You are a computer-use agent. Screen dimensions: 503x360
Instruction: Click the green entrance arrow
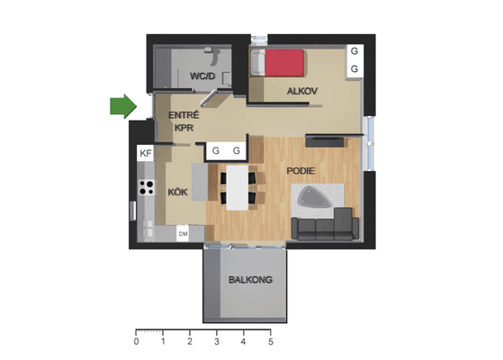point(123,106)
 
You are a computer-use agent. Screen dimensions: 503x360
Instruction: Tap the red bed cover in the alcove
point(284,63)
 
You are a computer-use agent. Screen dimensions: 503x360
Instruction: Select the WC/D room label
point(202,76)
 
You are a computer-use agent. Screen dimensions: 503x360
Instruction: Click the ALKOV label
point(301,91)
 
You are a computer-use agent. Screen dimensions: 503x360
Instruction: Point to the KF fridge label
point(146,153)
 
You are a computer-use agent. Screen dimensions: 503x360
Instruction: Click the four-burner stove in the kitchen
point(147,188)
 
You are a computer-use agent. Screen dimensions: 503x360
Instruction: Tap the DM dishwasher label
point(184,234)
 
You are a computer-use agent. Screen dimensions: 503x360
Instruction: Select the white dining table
point(238,188)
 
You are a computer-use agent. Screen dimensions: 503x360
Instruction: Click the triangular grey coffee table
point(314,197)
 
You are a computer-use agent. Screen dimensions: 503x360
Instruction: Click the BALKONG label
point(250,280)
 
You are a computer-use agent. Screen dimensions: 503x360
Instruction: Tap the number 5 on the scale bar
point(271,342)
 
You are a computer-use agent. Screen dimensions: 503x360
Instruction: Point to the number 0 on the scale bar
point(137,342)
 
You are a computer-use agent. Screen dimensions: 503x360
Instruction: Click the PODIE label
point(301,171)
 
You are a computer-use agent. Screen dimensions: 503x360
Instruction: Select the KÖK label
point(177,192)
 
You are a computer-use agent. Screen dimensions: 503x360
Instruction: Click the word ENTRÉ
point(184,114)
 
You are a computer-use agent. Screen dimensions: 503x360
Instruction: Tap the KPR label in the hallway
point(184,128)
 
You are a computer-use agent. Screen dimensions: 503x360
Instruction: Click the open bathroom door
point(209,98)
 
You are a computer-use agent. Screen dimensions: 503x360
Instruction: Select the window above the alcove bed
point(259,40)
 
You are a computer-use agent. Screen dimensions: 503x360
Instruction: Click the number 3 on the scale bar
point(217,342)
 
